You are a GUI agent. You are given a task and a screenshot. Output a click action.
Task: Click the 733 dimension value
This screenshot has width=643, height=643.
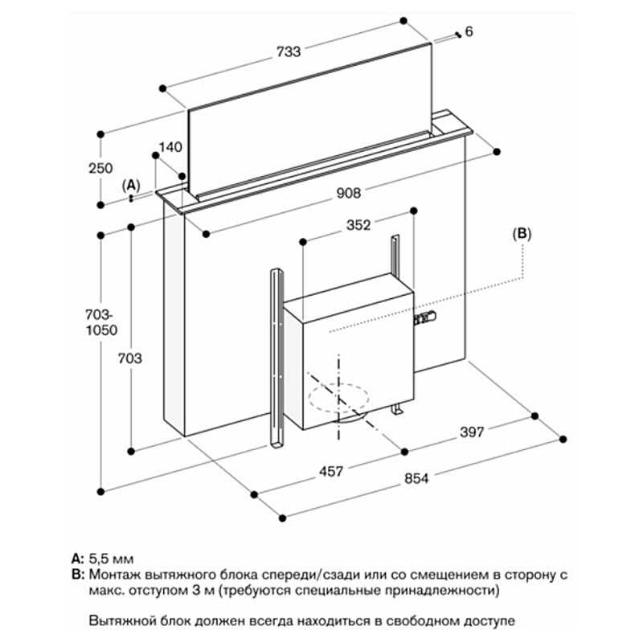point(288,52)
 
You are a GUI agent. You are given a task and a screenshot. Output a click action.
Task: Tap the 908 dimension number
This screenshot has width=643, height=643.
point(348,193)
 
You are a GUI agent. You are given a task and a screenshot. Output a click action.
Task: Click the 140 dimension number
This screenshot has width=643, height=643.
point(172,147)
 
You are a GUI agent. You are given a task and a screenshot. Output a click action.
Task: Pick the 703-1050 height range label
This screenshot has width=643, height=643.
point(100,323)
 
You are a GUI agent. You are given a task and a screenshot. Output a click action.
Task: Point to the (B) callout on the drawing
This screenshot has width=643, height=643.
point(522,233)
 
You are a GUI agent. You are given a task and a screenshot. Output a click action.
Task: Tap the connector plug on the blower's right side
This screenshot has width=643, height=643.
point(424,320)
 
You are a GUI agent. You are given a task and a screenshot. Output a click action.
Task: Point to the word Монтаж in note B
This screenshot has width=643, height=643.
point(116,574)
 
